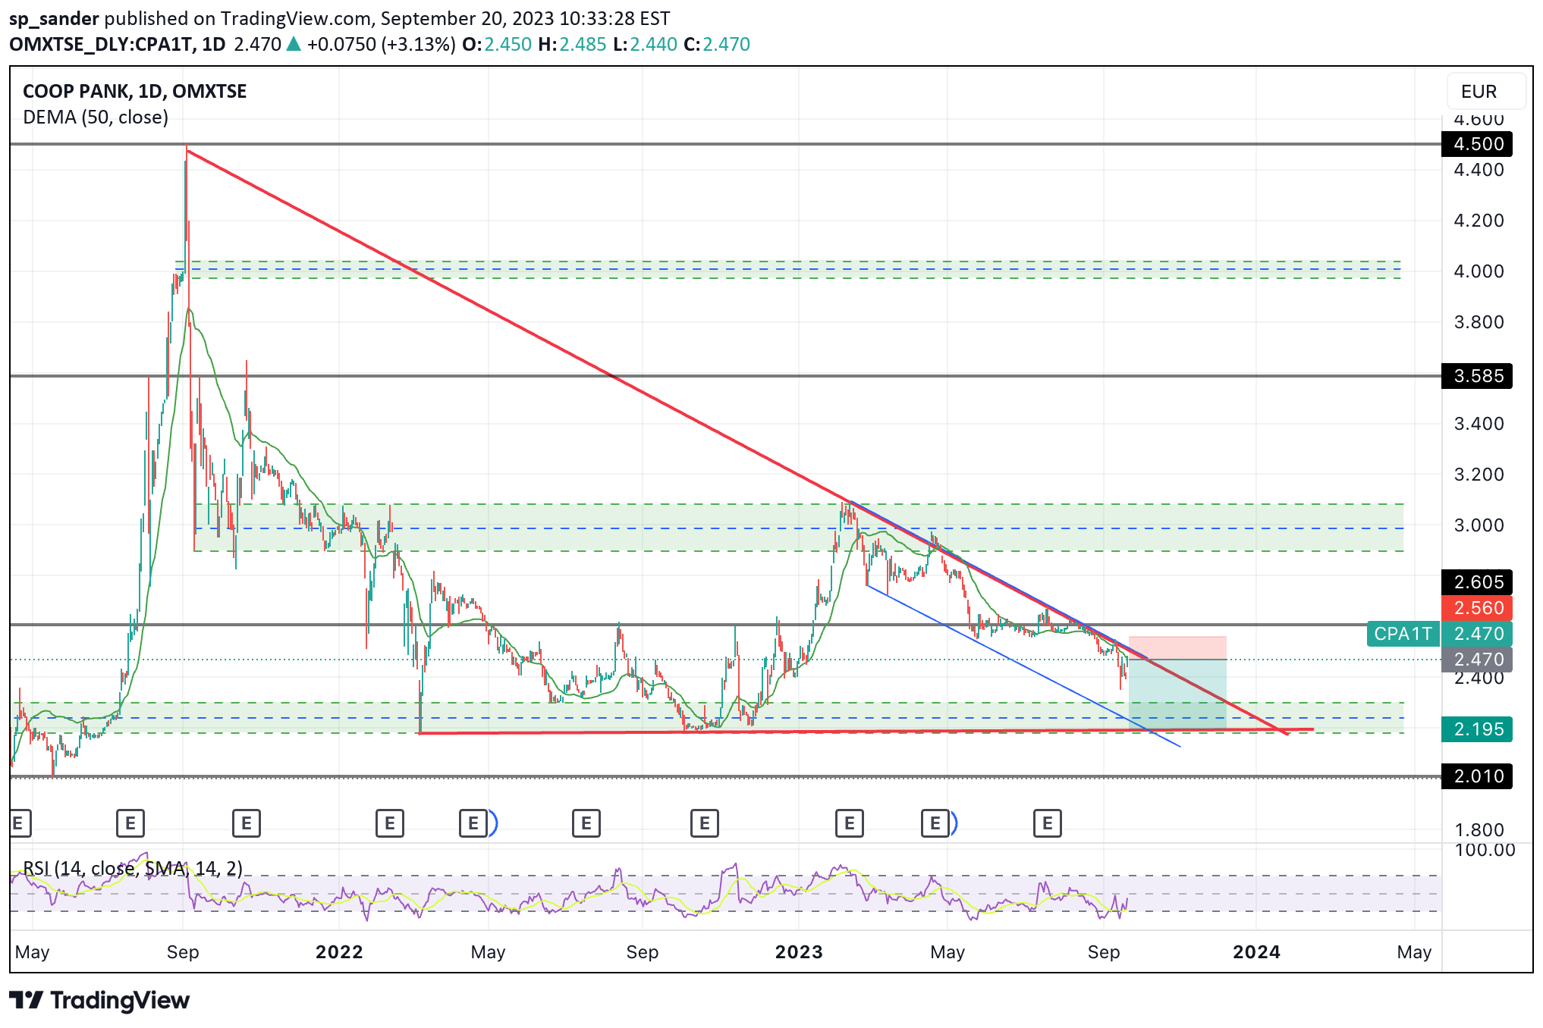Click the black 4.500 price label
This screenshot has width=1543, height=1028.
click(x=1476, y=144)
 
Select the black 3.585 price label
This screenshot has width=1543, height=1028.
click(x=1476, y=376)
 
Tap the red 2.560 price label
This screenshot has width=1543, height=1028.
click(x=1476, y=608)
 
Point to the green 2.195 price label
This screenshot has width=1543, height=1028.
click(x=1476, y=729)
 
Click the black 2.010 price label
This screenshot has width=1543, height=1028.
click(x=1476, y=776)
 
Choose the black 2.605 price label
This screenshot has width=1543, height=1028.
click(x=1476, y=582)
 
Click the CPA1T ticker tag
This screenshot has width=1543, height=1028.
click(x=1403, y=634)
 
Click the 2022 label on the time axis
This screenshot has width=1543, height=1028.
click(x=339, y=952)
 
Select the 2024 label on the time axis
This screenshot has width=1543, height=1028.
click(x=1256, y=952)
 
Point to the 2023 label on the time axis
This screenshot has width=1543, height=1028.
click(x=799, y=952)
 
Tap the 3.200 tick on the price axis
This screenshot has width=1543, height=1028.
click(x=1478, y=475)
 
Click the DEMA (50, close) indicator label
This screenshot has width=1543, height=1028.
click(x=96, y=118)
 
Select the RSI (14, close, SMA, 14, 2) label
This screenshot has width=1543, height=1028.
click(x=133, y=868)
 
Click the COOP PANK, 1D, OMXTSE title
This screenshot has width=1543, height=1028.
click(x=134, y=92)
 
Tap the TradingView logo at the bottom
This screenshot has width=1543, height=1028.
click(x=99, y=1001)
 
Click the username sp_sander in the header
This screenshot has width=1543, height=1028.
click(x=54, y=18)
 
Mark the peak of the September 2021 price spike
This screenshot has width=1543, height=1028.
click(x=187, y=149)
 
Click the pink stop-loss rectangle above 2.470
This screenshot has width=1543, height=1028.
click(x=1177, y=648)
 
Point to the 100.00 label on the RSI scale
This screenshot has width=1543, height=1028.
click(x=1484, y=850)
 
